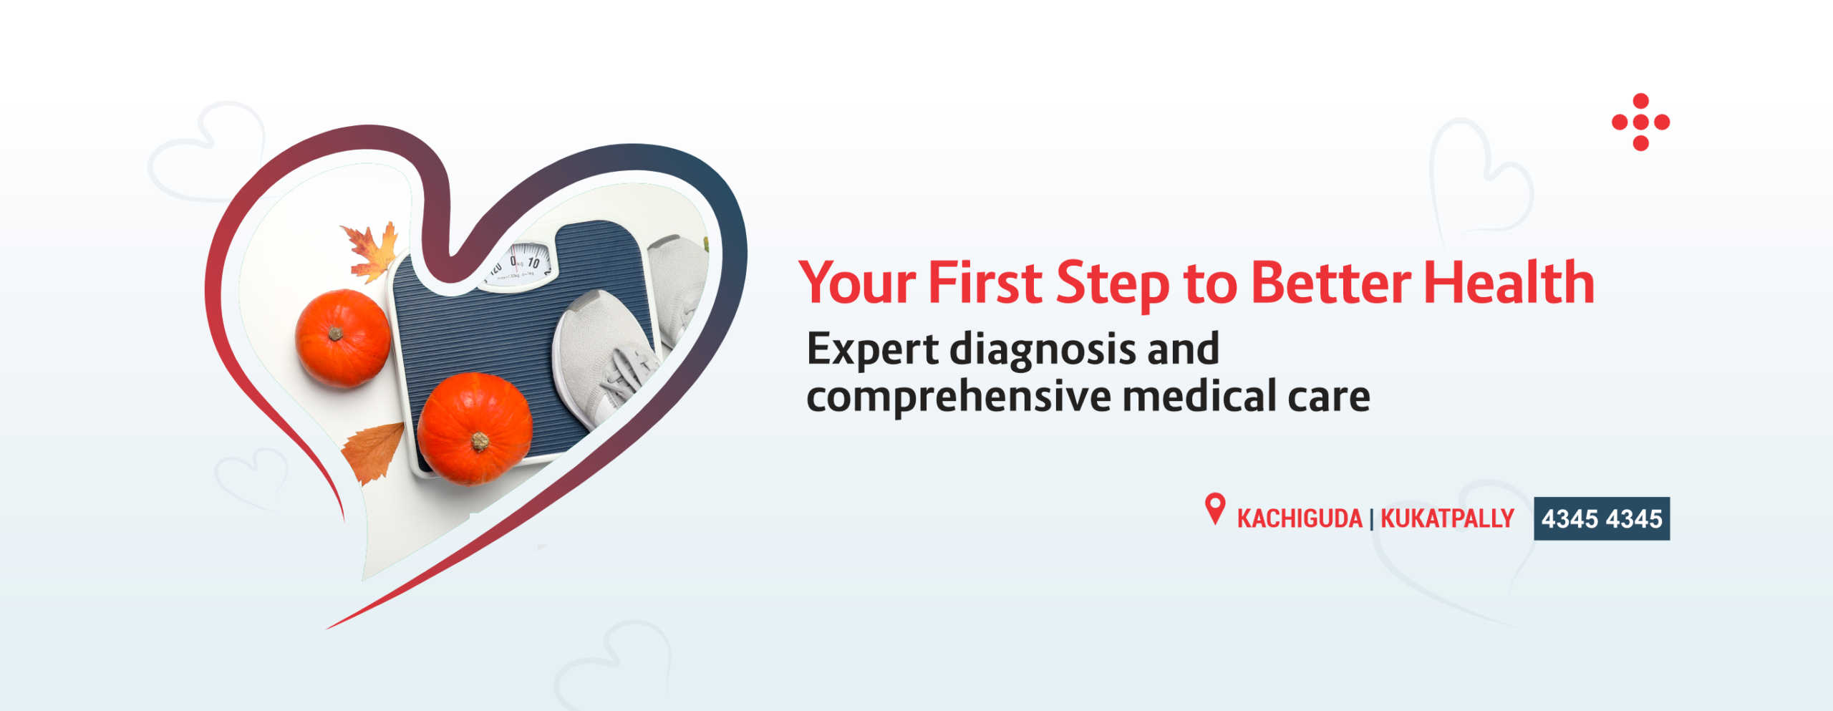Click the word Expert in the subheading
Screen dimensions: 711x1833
(x=872, y=349)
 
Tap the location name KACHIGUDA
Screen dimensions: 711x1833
(x=1299, y=518)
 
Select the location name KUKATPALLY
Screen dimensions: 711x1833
(x=1447, y=518)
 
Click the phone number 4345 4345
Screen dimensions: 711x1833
(x=1602, y=518)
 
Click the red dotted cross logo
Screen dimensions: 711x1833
(x=1640, y=122)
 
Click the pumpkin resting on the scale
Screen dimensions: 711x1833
(x=475, y=428)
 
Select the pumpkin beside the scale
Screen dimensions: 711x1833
(x=342, y=338)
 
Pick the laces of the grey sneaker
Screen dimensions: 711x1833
(x=627, y=372)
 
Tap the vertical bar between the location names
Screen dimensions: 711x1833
(x=1371, y=519)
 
